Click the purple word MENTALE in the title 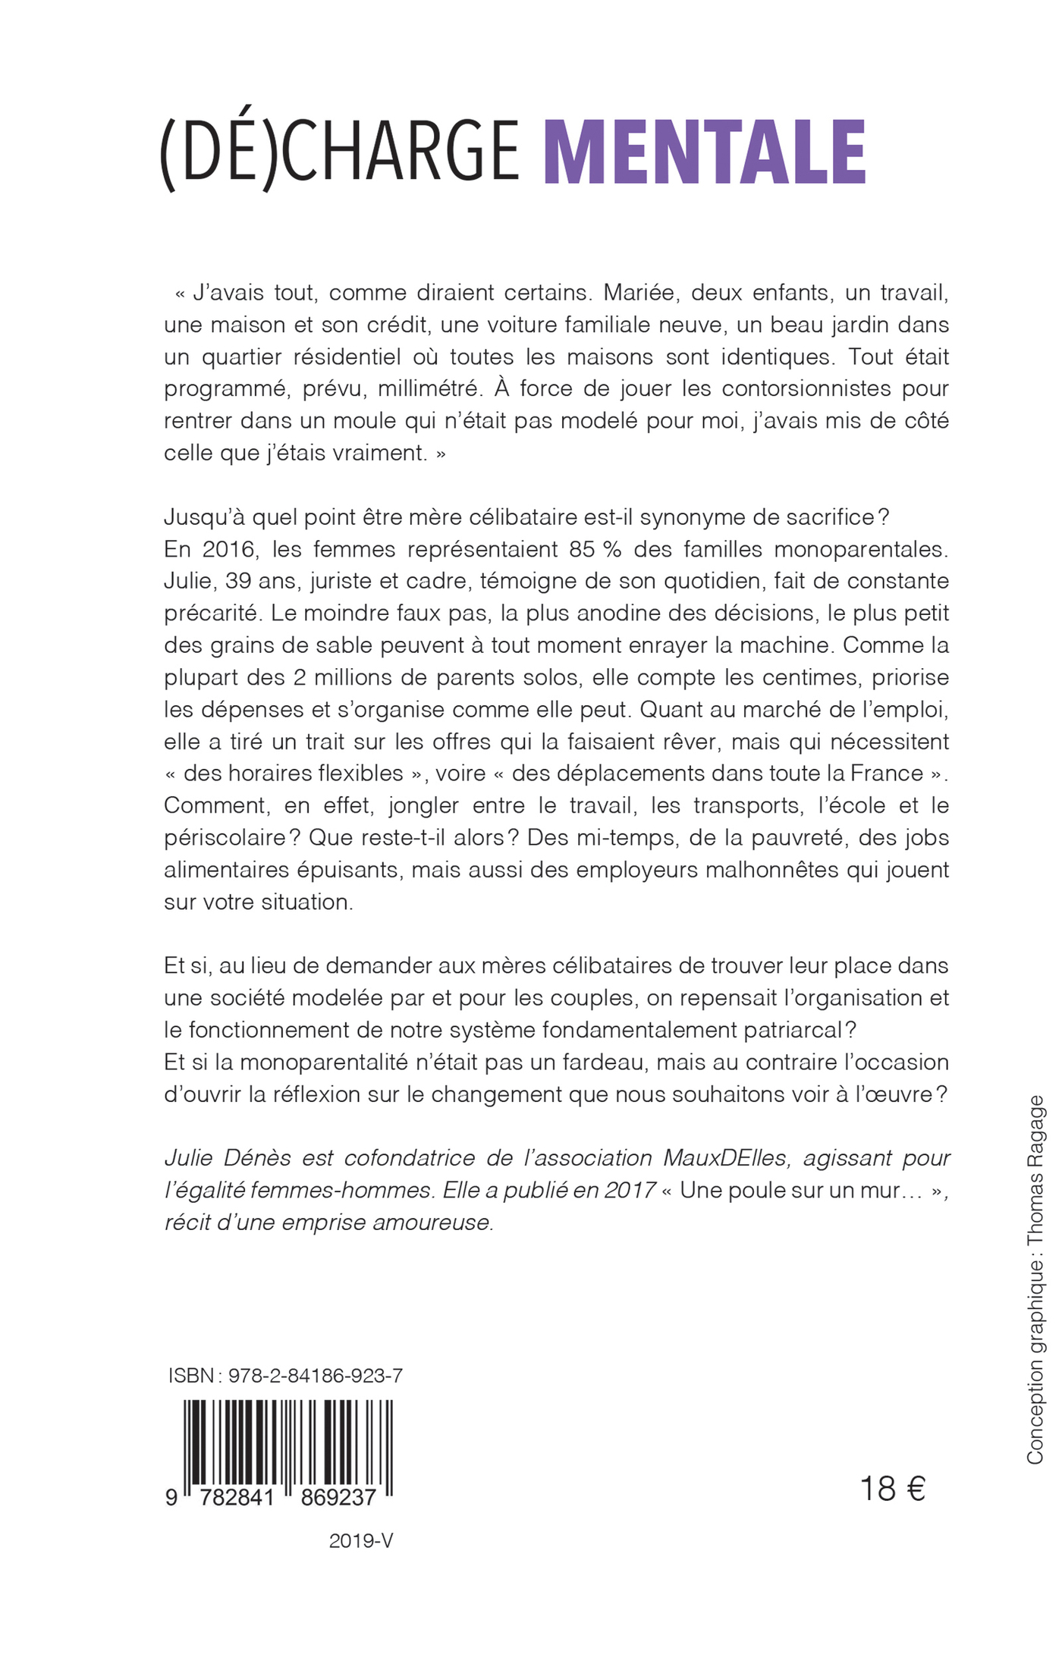pos(705,153)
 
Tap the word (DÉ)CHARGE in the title pos(339,153)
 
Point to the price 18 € pos(892,1489)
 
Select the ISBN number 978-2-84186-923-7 pos(316,1376)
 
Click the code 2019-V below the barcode pos(361,1541)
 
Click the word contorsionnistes pos(806,389)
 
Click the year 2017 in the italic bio pos(630,1191)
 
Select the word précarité pos(212,614)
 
